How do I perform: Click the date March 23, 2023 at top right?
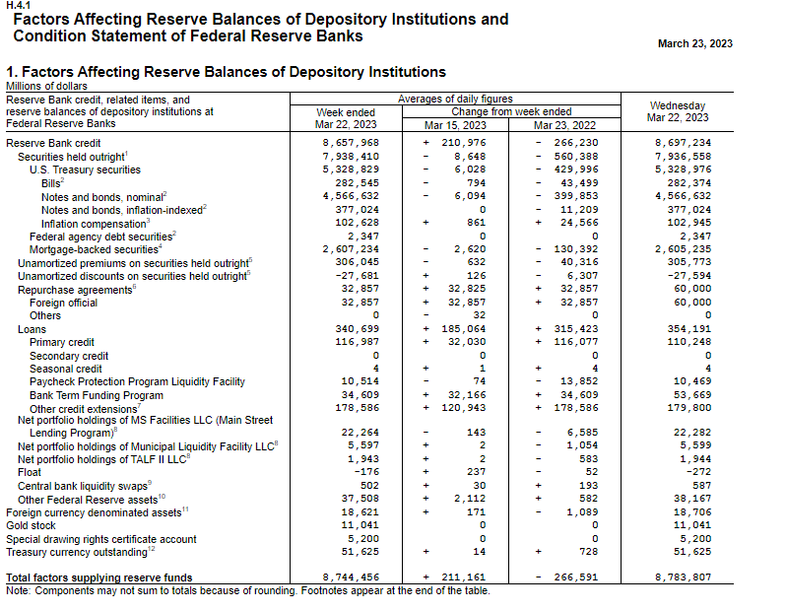pos(694,43)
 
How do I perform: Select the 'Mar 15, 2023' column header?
pos(455,125)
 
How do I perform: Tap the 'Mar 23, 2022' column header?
pos(564,125)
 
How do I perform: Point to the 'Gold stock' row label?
pos(33,526)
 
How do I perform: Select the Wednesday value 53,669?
pos(688,394)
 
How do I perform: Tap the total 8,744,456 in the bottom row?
pos(352,577)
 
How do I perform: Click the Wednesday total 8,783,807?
pos(682,577)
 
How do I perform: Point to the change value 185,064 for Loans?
pos(465,329)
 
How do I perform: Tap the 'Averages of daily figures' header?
pos(454,100)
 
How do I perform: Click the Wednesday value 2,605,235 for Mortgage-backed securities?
pos(682,249)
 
